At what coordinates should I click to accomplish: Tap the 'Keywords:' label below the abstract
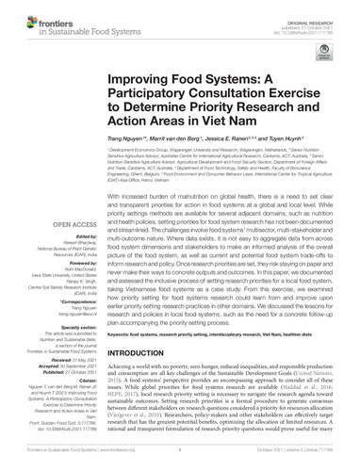point(120,308)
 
